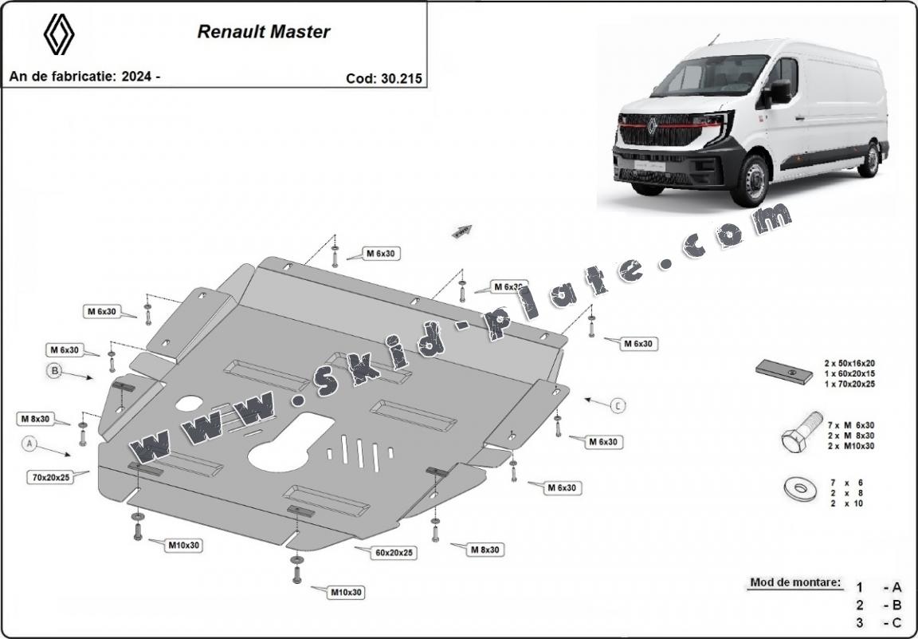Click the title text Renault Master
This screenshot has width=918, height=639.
coord(264,33)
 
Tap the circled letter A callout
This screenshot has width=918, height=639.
coord(30,442)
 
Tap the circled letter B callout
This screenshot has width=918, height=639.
coord(55,370)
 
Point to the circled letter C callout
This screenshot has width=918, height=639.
coord(618,405)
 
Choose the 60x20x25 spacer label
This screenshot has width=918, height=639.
coord(394,552)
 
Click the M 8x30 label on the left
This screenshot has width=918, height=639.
coord(35,418)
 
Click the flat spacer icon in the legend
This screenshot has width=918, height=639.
coord(784,371)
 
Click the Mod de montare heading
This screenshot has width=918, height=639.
coord(794,582)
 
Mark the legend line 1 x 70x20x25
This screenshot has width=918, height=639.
coord(849,384)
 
